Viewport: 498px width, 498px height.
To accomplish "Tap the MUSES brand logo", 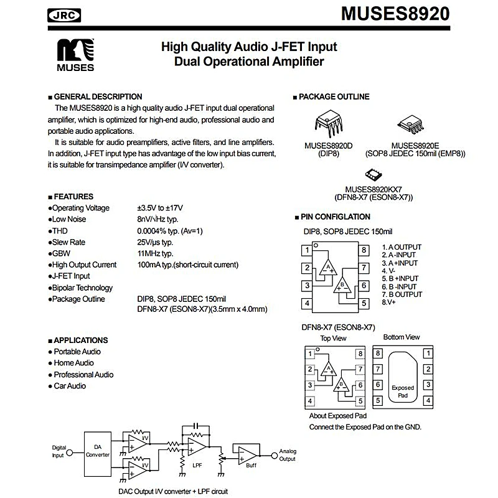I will (75, 55).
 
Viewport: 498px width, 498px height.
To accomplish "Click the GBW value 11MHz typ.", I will (155, 253).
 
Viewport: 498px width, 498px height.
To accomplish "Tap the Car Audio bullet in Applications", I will (69, 386).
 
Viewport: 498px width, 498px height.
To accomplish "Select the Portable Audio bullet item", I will (77, 352).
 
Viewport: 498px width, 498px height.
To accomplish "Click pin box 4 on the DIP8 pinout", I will (308, 304).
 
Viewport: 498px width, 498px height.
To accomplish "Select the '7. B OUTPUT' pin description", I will (402, 294).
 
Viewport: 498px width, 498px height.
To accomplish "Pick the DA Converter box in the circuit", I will (97, 451).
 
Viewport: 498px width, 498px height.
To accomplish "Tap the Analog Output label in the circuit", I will (287, 455).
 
